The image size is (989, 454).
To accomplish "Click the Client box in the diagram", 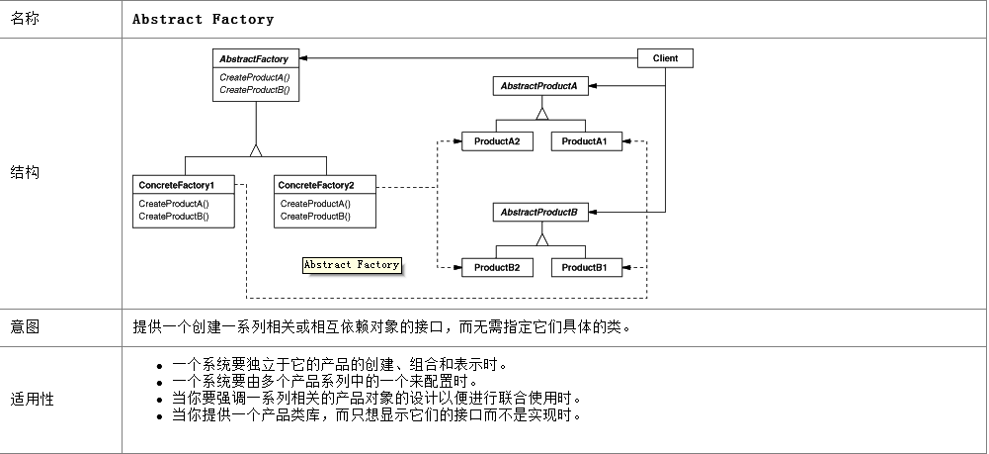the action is coord(665,58).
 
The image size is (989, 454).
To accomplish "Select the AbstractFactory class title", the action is coord(254,59).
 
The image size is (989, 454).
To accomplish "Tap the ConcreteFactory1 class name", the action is coord(177,185).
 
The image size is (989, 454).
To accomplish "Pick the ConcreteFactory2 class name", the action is coord(316,185).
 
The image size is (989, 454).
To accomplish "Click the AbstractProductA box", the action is coord(539,86).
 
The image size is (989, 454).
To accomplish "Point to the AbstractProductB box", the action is coord(539,212).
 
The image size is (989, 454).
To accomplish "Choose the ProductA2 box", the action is coord(497,141).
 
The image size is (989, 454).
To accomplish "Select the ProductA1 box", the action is coord(587,141).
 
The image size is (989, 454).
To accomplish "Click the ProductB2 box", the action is coord(497,267).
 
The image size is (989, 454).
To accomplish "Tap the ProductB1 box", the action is coord(587,267).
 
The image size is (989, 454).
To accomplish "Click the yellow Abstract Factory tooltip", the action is coord(352,265).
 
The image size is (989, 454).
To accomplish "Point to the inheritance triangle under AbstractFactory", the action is coord(256,150).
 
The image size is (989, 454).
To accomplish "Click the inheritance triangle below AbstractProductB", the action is coord(541,239).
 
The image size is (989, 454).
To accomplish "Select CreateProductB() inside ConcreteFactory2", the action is coord(315,217).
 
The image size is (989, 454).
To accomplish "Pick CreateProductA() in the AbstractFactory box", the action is coord(254,78).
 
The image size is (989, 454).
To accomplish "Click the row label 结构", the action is coord(26,172).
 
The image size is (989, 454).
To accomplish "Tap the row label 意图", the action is coord(26,326).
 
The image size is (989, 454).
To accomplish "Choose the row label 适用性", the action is coord(33,399).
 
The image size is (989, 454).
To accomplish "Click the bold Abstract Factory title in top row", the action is coord(204,19).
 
